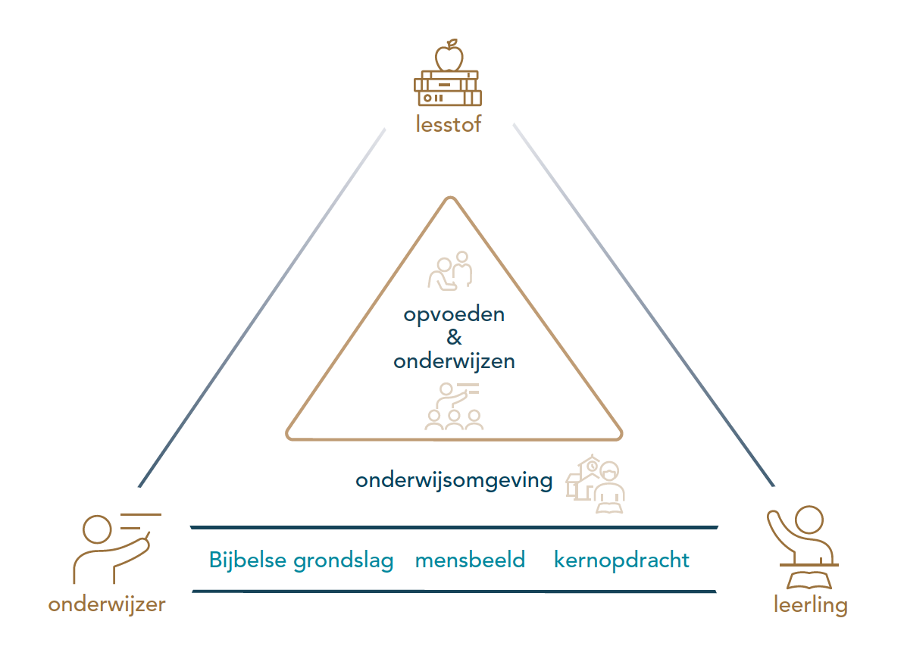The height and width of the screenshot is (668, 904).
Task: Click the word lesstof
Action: (x=448, y=123)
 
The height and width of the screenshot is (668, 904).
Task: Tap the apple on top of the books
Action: (x=449, y=56)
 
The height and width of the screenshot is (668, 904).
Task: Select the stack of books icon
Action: (x=448, y=89)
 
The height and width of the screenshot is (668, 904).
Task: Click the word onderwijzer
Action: (x=107, y=604)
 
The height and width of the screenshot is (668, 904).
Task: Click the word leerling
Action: (x=811, y=605)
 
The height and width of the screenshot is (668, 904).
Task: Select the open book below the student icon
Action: (x=810, y=581)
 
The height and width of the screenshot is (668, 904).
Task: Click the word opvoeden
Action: (x=454, y=314)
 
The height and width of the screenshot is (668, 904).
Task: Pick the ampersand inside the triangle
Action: (x=454, y=338)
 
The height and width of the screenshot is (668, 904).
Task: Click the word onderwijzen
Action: (x=454, y=361)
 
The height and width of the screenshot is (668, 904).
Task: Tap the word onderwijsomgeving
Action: (x=454, y=480)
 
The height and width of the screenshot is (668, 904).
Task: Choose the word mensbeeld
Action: (x=470, y=560)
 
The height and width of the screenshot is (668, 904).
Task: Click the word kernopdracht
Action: (x=621, y=561)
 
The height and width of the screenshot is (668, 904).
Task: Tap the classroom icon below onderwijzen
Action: (x=454, y=407)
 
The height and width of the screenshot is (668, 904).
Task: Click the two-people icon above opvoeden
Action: (x=451, y=271)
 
